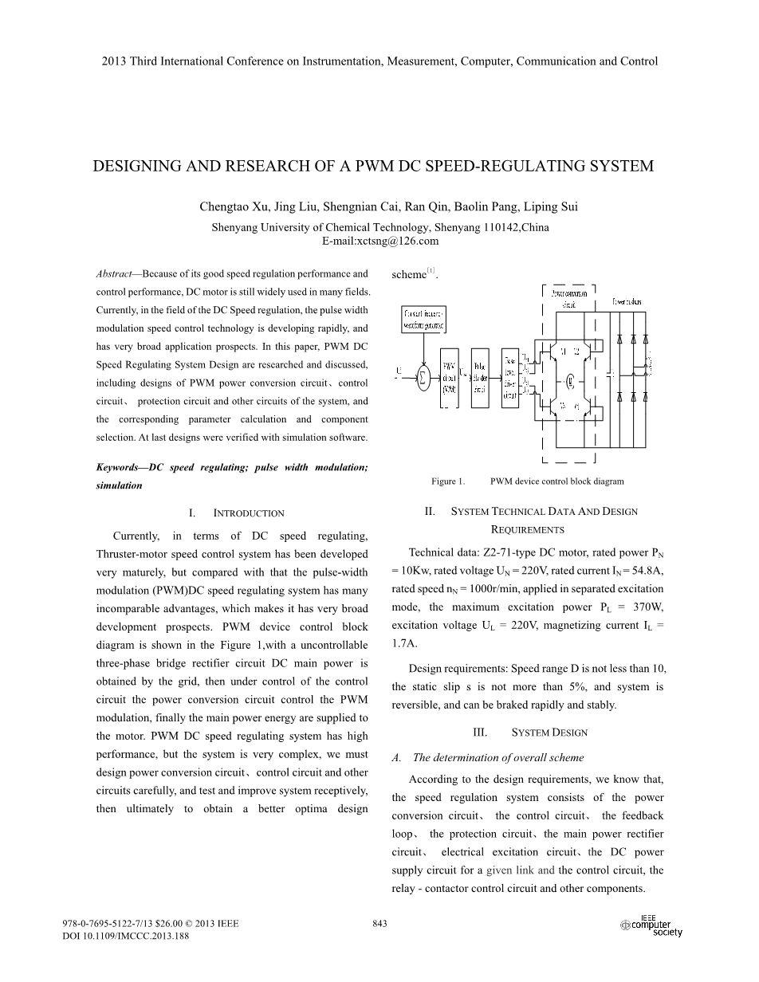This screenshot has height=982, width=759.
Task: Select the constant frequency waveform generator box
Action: point(424,320)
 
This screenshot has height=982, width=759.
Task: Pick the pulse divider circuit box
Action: point(479,378)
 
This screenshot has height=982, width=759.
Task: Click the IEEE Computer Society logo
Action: point(651,927)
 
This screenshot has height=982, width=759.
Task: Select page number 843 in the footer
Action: point(379,924)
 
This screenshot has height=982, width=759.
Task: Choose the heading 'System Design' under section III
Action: point(549,733)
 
